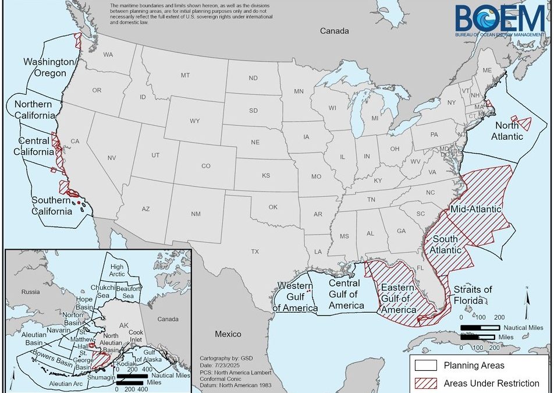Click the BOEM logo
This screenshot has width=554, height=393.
pos(501,21)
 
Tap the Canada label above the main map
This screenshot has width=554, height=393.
pos(335,30)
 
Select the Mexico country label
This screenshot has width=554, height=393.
pos(228,334)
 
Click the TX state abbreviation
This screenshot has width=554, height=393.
pos(254,252)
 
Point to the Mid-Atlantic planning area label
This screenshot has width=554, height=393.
pos(476,209)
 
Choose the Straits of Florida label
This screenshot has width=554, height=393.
pos(473,295)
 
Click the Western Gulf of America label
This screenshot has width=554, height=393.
pos(297,296)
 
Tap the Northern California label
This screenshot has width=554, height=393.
pos(34,109)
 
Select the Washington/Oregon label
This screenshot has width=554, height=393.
pos(49,68)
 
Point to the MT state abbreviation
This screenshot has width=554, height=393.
pos(185,76)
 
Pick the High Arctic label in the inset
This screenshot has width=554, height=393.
pos(117,270)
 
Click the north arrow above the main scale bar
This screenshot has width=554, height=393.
pos(527,300)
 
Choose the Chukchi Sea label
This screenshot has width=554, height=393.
pos(103,292)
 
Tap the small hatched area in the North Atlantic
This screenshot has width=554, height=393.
pos(525,123)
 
